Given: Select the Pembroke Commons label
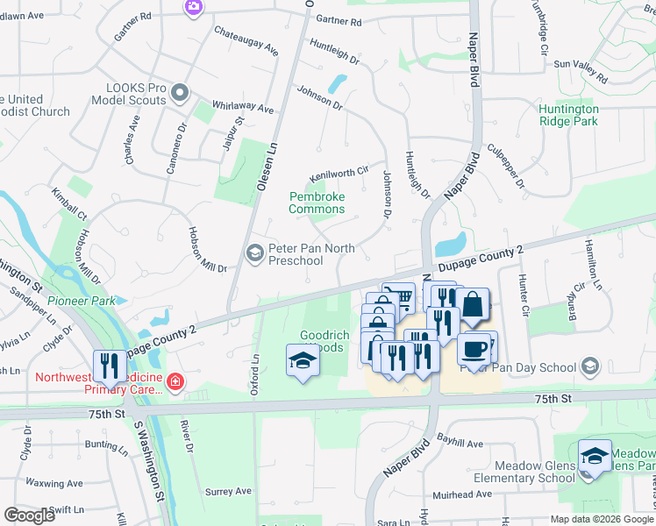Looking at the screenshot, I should tap(317, 203).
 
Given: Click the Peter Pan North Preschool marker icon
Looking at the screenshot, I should tap(254, 254).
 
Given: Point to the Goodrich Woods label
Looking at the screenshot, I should tap(324, 341).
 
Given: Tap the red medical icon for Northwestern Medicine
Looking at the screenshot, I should tap(175, 381).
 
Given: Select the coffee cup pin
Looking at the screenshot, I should tap(474, 348).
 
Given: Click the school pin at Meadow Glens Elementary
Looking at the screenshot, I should tap(595, 456).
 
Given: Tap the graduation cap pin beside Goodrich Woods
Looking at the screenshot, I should tap(302, 360).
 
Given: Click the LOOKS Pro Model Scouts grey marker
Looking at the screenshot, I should tap(181, 93).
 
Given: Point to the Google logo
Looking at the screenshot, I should tap(29, 515).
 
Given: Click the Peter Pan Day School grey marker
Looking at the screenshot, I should tap(590, 365).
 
